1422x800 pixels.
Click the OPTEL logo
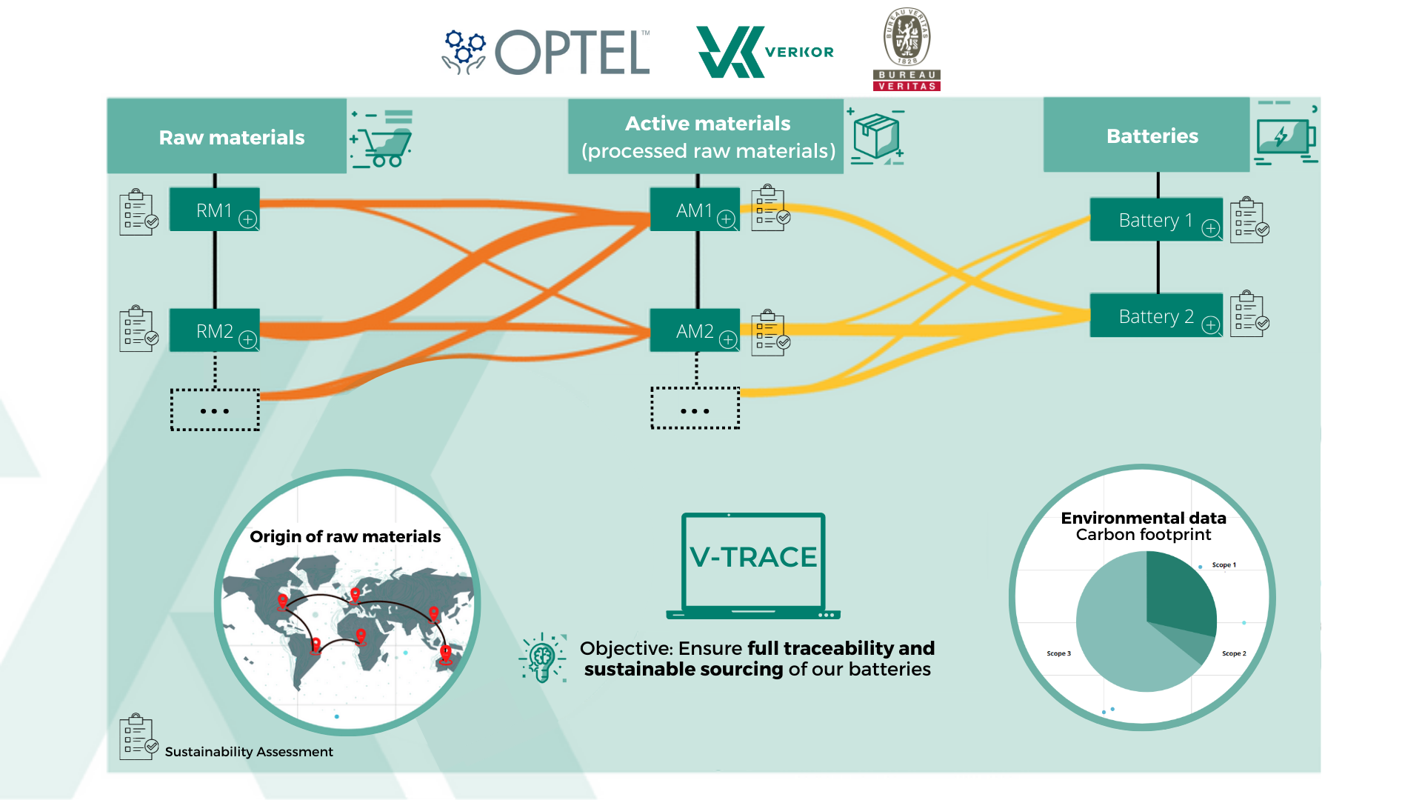(x=547, y=52)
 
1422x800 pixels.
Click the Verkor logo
(x=764, y=52)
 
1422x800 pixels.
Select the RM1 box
(x=214, y=210)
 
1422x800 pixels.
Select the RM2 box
(x=214, y=331)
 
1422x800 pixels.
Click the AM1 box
(x=694, y=210)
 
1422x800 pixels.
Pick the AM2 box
(x=694, y=331)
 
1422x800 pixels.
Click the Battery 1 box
(x=1155, y=220)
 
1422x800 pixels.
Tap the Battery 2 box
(x=1155, y=316)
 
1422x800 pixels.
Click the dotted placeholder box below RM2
(x=215, y=410)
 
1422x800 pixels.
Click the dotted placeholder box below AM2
(x=695, y=409)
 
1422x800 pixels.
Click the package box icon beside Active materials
(x=876, y=137)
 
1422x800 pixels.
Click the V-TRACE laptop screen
(x=753, y=559)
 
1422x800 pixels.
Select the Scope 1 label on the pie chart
(x=1224, y=565)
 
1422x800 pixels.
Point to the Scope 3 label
(x=1058, y=653)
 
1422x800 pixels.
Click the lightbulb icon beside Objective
(x=542, y=657)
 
